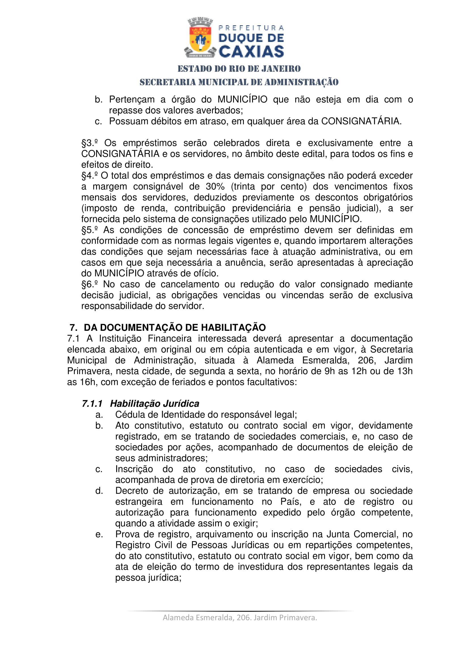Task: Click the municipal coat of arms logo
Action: tap(200, 37)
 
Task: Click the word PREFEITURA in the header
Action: tap(251, 28)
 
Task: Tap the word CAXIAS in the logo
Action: tap(251, 52)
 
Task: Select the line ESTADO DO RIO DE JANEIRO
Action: tap(239, 69)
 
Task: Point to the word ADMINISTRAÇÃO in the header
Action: tap(301, 82)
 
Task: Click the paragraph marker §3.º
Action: tap(89, 143)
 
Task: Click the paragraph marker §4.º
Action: tap(89, 175)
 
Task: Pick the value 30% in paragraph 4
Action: tap(215, 187)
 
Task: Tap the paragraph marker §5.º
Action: tap(89, 230)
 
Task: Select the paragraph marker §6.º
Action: tap(89, 284)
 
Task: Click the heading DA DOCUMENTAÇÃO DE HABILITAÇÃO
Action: tap(175, 327)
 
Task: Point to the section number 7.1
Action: tap(73, 338)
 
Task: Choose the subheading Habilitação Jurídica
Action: tap(155, 404)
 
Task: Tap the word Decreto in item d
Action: tap(132, 491)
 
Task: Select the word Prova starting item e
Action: tap(127, 535)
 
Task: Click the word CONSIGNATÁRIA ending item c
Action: tap(361, 121)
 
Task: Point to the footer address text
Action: tap(240, 617)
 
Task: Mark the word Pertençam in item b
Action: tap(132, 99)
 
